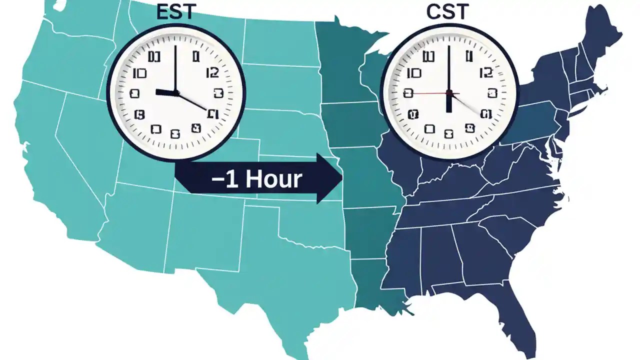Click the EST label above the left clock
click(x=175, y=12)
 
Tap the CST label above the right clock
click(x=448, y=12)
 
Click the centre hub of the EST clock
click(x=176, y=92)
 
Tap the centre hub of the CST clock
click(x=449, y=93)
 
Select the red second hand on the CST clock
click(x=425, y=93)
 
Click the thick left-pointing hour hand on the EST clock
click(x=165, y=92)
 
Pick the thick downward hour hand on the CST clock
click(x=449, y=103)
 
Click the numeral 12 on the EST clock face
click(x=212, y=73)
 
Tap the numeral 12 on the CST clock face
click(x=485, y=73)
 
